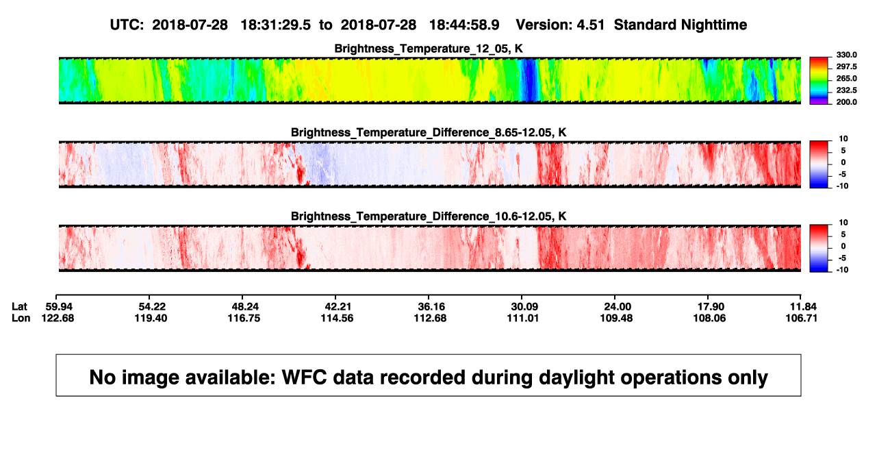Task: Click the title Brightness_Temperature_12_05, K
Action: coord(429,49)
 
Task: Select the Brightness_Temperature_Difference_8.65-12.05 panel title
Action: coord(429,132)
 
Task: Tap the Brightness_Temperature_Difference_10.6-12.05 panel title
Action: coord(429,217)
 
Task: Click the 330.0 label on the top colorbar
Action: coord(846,55)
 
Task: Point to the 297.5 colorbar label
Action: coord(846,66)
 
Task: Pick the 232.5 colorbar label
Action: coord(846,90)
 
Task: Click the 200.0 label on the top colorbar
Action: coord(846,102)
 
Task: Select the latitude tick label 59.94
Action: coord(59,307)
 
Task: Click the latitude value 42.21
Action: coord(338,307)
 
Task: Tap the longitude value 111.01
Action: coord(523,318)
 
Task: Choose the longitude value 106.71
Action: coord(802,318)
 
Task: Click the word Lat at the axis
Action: coord(19,307)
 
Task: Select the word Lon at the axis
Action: coord(21,318)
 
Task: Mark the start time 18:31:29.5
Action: coord(276,25)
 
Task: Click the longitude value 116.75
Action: coord(244,318)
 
